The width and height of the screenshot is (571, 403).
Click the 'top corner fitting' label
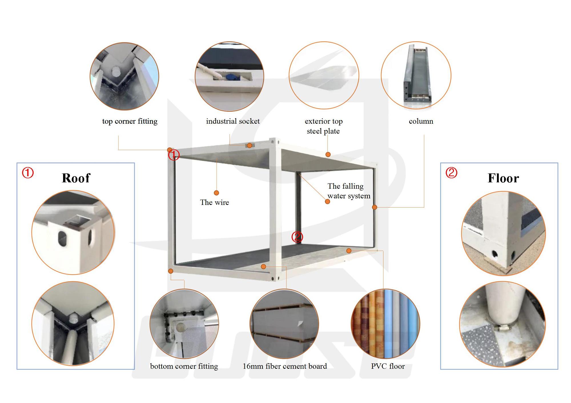pos(130,121)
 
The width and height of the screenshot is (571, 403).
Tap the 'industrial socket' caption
pos(233,121)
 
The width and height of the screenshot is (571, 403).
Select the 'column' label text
pos(421,121)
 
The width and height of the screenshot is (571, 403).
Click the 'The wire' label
pos(214,202)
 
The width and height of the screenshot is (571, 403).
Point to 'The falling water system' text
pos(349,191)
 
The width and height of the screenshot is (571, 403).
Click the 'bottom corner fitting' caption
pos(184,366)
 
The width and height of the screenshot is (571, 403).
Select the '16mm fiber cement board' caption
pos(285,366)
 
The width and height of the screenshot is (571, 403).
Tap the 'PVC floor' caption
pos(388,366)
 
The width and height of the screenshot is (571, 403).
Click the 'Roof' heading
pos(76,178)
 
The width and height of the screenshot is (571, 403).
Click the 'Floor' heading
pos(503,178)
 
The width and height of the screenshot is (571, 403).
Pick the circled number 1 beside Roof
pos(28,173)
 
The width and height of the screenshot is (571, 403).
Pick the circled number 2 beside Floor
pos(451,173)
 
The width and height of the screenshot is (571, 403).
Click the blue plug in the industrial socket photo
pos(230,77)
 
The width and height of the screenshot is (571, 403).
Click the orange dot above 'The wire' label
pos(216,193)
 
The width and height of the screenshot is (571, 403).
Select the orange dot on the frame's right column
pos(375,207)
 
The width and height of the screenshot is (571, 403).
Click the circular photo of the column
pos(416,76)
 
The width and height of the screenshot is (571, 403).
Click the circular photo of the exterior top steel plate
pos(324,76)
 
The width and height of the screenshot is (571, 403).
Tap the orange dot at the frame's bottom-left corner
pos(171,271)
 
